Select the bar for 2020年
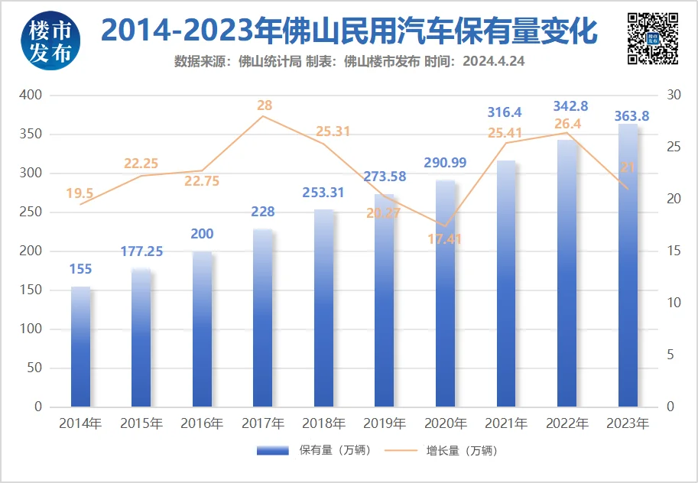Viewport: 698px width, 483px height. (x=445, y=293)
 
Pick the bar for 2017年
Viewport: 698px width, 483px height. (x=263, y=317)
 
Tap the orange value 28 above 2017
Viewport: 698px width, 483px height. (x=265, y=106)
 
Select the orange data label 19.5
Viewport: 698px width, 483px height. (x=80, y=193)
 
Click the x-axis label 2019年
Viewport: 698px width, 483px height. (x=384, y=423)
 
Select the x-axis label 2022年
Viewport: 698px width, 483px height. (x=567, y=423)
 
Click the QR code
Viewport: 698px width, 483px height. (x=653, y=38)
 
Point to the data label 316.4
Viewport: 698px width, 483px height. (x=505, y=113)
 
